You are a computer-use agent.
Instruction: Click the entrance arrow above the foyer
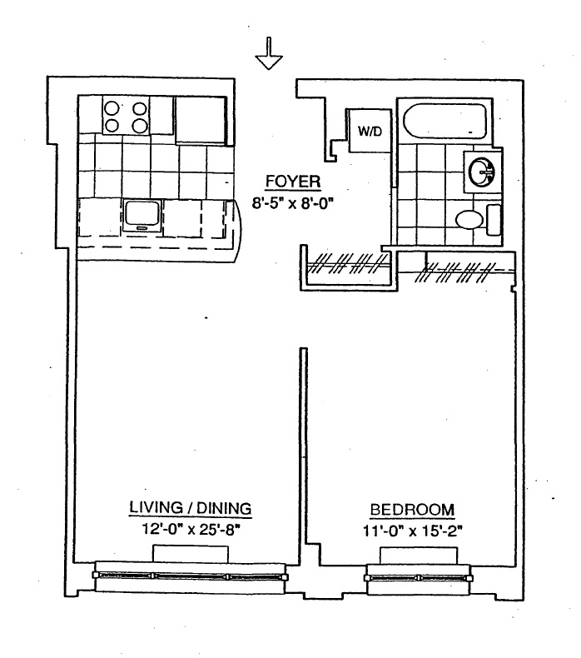tap(270, 55)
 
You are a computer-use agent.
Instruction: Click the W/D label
tap(370, 132)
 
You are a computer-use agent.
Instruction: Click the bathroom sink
tap(482, 172)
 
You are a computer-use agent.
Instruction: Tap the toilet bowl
tap(469, 219)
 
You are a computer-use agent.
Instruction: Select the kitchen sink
tap(142, 215)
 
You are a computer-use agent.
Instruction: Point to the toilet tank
tap(493, 219)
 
